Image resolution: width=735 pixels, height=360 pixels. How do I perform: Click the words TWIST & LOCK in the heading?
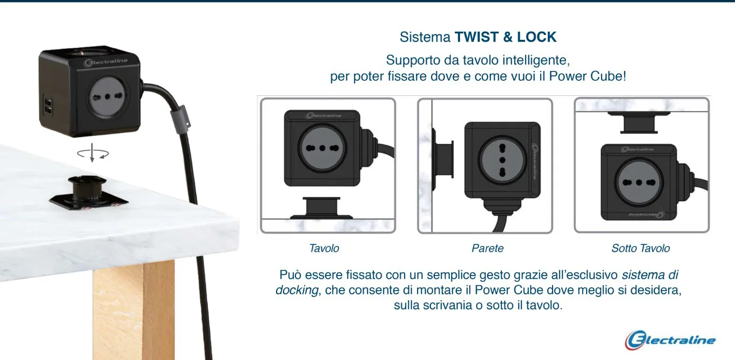click(505, 37)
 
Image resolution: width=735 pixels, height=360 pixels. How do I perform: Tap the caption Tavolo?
click(324, 249)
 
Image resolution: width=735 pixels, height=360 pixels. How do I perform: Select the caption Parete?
click(487, 249)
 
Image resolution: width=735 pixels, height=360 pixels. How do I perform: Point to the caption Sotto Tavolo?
click(640, 249)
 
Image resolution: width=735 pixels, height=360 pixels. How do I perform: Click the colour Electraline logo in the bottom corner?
click(670, 340)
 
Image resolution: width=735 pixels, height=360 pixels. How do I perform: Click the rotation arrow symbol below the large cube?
click(93, 153)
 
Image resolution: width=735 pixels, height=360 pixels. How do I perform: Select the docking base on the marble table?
click(88, 194)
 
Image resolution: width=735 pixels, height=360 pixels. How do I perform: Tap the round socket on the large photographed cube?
click(107, 97)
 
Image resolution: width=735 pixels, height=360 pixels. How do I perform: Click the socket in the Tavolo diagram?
click(322, 148)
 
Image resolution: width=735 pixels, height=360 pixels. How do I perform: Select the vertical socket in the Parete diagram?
click(502, 160)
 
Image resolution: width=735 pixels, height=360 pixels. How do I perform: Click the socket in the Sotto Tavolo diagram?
click(639, 182)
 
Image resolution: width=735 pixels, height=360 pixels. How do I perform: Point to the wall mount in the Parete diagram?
click(443, 159)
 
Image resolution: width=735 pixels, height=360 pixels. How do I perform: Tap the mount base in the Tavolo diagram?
click(322, 208)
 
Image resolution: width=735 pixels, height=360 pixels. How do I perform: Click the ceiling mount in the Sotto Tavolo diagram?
click(639, 122)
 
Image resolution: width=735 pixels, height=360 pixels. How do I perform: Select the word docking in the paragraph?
click(296, 291)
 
